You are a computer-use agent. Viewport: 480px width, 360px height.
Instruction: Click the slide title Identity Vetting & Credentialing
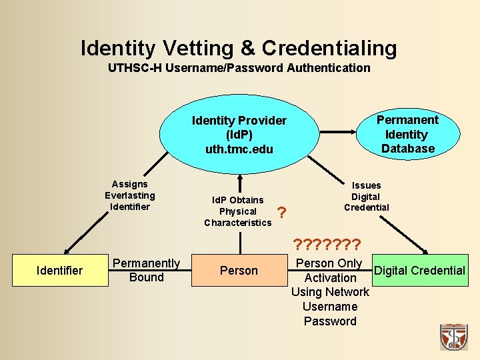pyautogui.click(x=239, y=47)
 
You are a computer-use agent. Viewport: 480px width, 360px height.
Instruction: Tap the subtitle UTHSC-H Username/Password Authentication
pyautogui.click(x=239, y=67)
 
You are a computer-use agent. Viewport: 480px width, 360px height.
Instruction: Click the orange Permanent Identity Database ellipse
pyautogui.click(x=407, y=133)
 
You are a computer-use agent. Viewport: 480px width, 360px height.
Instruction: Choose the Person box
pyautogui.click(x=239, y=270)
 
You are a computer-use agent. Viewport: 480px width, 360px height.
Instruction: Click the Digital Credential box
pyautogui.click(x=419, y=270)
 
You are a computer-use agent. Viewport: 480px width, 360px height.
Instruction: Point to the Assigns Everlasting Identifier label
pyautogui.click(x=129, y=195)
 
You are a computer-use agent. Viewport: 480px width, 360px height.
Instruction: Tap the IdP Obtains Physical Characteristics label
pyautogui.click(x=238, y=211)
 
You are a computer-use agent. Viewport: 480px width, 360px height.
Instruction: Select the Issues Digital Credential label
pyautogui.click(x=366, y=196)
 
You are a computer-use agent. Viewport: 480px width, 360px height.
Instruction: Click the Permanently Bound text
pyautogui.click(x=147, y=270)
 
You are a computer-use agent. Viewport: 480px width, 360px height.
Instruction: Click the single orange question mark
pyautogui.click(x=282, y=213)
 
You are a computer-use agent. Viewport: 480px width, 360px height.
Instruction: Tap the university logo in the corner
pyautogui.click(x=453, y=337)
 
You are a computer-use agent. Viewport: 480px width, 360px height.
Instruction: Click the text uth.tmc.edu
pyautogui.click(x=239, y=149)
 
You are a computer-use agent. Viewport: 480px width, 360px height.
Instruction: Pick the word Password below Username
pyautogui.click(x=330, y=321)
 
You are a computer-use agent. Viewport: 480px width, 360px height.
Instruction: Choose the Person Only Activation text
pyautogui.click(x=329, y=270)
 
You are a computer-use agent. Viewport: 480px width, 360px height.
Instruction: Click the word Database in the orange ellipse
pyautogui.click(x=407, y=149)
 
